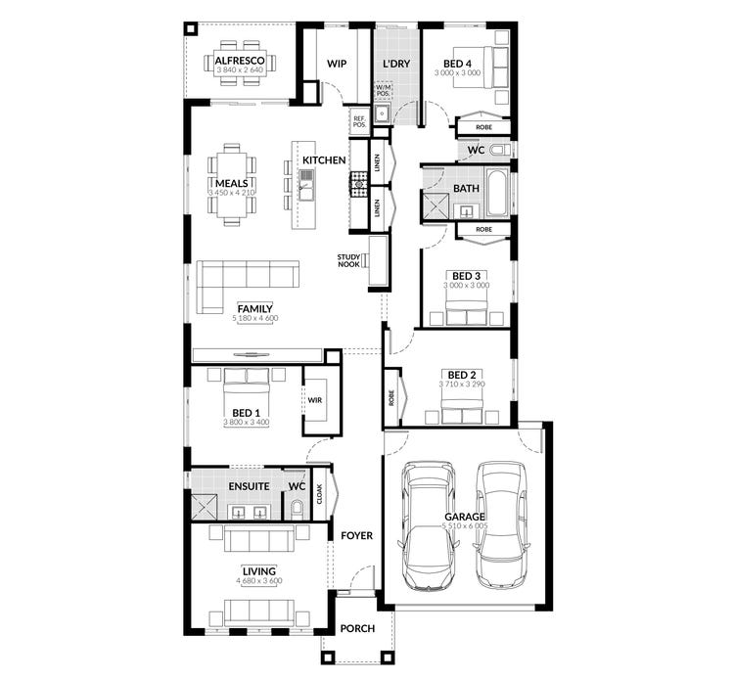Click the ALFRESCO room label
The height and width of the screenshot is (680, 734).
tap(240, 59)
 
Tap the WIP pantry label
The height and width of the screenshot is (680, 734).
tap(337, 64)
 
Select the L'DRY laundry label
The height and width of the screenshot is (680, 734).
tap(395, 64)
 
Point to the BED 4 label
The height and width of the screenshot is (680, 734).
tap(458, 62)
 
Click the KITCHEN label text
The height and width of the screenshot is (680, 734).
tap(324, 159)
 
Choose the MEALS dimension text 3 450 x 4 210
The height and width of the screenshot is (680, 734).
tap(231, 194)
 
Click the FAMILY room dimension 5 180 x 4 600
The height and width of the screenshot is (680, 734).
tap(255, 319)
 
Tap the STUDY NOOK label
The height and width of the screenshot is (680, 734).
tap(349, 261)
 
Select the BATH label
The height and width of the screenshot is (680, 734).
tap(465, 188)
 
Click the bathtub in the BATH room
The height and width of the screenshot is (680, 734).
tap(496, 195)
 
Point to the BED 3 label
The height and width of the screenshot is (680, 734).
tap(464, 275)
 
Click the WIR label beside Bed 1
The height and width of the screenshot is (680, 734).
tap(315, 400)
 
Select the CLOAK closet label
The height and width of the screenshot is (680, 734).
tap(319, 495)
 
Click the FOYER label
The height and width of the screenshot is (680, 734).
tap(356, 536)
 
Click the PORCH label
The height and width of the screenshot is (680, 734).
tap(357, 628)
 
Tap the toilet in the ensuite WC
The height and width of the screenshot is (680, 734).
tap(298, 507)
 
